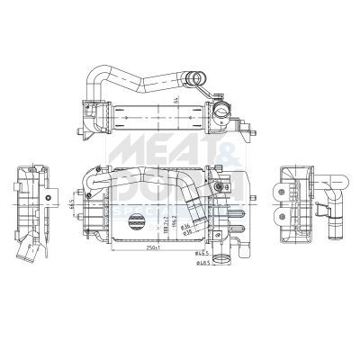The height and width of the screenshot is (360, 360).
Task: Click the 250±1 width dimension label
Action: point(153,248)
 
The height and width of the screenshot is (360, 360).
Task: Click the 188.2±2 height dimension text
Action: point(161,221)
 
